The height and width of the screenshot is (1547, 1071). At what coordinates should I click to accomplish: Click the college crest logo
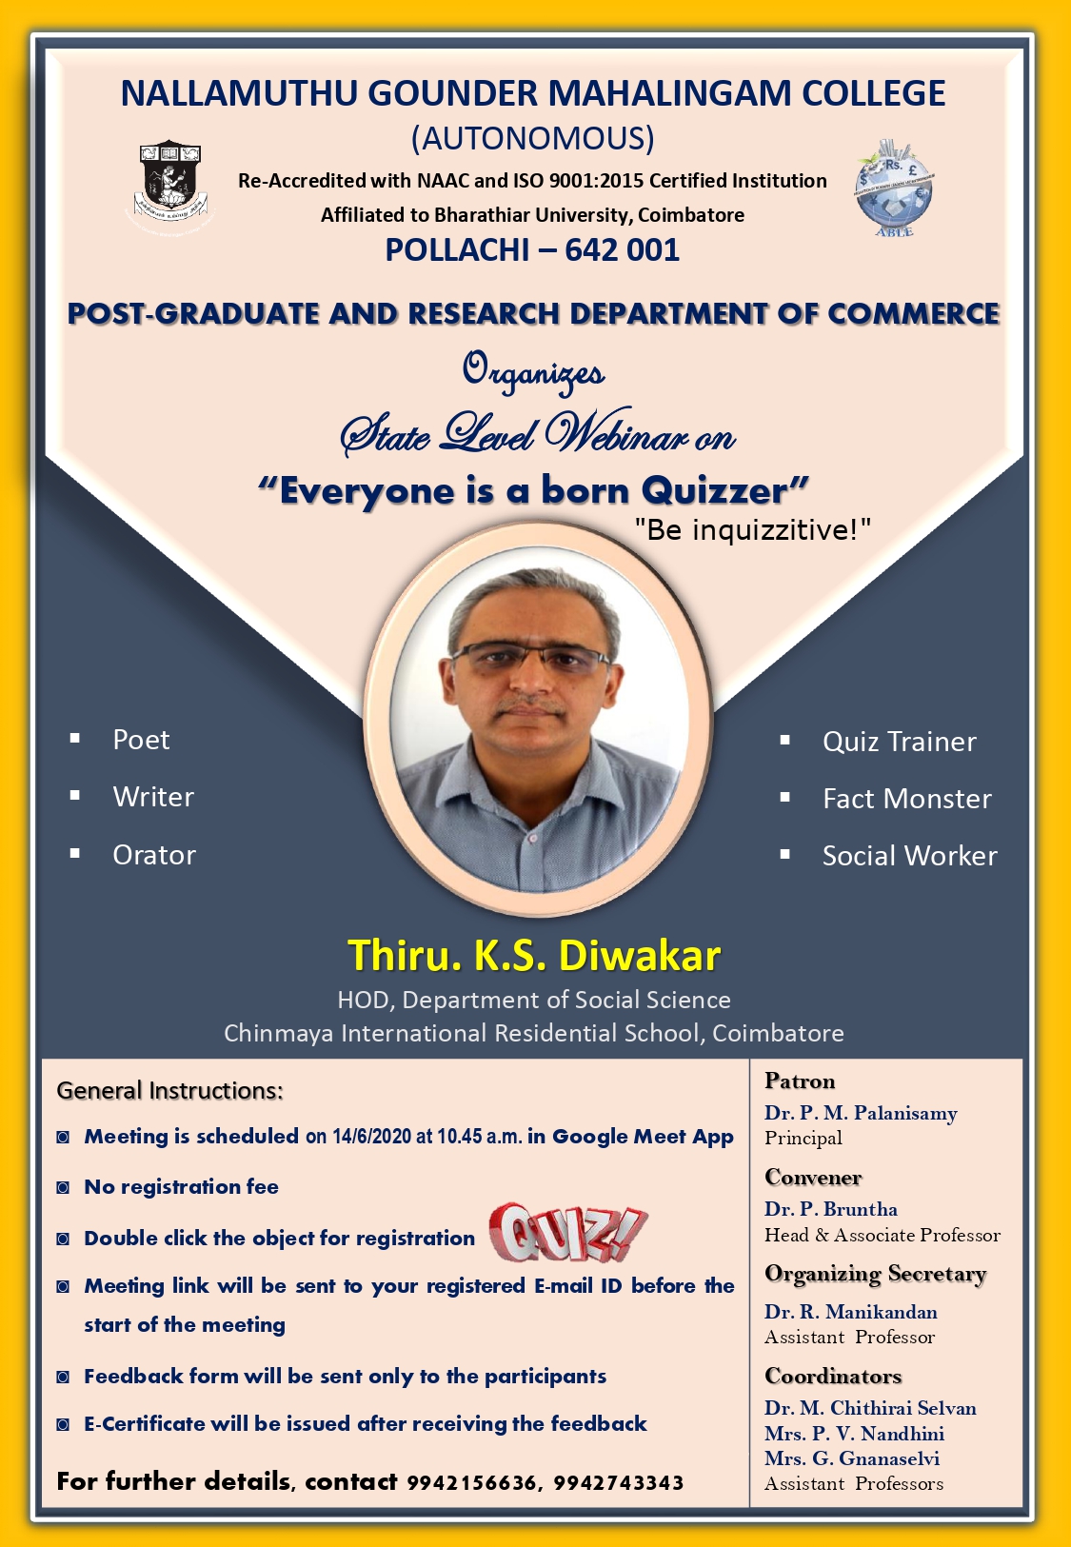170,181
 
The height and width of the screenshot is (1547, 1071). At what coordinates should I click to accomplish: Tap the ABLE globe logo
894,188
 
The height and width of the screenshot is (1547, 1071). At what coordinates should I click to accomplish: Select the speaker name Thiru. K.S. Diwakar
534,956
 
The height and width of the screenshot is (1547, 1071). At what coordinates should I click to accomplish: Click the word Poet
141,740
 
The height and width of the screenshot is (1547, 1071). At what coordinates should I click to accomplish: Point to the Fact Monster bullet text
906,799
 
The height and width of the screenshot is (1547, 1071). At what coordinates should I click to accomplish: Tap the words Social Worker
909,856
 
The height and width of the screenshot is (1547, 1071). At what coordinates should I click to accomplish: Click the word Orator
154,855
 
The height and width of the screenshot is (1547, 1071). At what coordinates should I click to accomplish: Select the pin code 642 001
622,249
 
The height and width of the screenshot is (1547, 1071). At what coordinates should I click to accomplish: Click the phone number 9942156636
471,1483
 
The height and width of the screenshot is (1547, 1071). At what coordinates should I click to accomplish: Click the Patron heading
800,1081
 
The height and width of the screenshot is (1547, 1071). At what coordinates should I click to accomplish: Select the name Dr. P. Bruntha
831,1209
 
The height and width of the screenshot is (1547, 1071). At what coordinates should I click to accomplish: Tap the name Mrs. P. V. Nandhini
854,1433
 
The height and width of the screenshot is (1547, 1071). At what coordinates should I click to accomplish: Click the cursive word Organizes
533,371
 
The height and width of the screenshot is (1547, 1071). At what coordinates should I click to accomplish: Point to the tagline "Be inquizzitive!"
752,529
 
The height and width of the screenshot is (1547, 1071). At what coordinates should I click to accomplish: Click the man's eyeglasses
530,657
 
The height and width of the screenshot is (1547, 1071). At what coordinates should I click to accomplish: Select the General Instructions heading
169,1090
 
